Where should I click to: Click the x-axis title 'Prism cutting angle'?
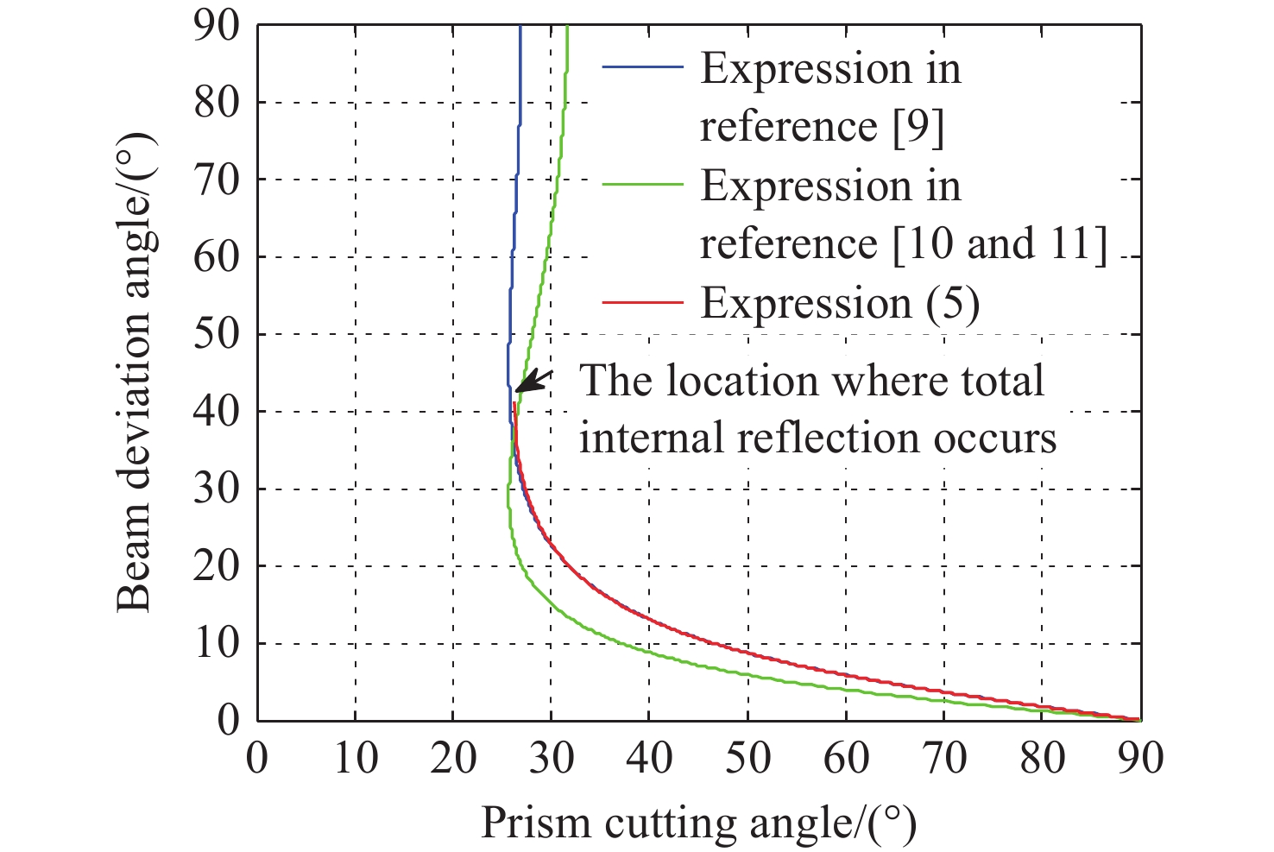[697, 823]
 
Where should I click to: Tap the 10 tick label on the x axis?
[356, 758]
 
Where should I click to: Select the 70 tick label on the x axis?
[944, 758]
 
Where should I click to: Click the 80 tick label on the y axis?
[216, 103]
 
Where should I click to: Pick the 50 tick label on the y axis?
[216, 334]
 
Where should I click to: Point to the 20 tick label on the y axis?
[216, 566]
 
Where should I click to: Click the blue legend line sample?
[643, 68]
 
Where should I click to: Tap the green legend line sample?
[643, 186]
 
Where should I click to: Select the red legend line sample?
[643, 303]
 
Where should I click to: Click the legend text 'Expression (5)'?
[839, 304]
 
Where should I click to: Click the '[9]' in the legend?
[918, 127]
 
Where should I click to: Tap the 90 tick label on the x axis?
[1140, 758]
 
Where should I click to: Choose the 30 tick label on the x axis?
[552, 758]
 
